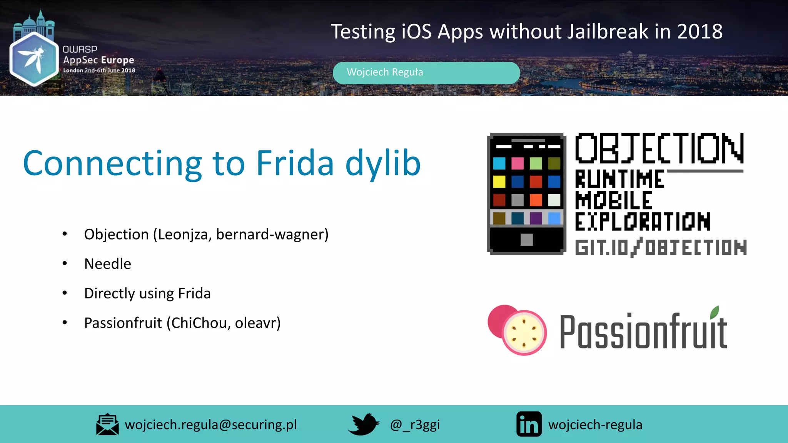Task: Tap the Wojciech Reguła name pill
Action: (x=426, y=73)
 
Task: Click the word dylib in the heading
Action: (x=383, y=164)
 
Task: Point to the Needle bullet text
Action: (x=108, y=264)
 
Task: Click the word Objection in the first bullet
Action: (x=116, y=234)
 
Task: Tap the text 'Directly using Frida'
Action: (x=147, y=293)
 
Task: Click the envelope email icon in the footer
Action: (x=107, y=425)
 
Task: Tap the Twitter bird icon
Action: (x=363, y=424)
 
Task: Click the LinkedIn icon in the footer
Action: (x=529, y=425)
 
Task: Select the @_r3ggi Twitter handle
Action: (x=415, y=425)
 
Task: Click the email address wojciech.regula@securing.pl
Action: (x=211, y=425)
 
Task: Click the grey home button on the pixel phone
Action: (x=526, y=240)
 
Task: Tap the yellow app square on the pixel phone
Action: (x=499, y=182)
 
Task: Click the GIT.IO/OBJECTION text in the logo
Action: (x=661, y=247)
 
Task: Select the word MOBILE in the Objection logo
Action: (x=613, y=200)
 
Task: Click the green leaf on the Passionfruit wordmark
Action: (x=715, y=312)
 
